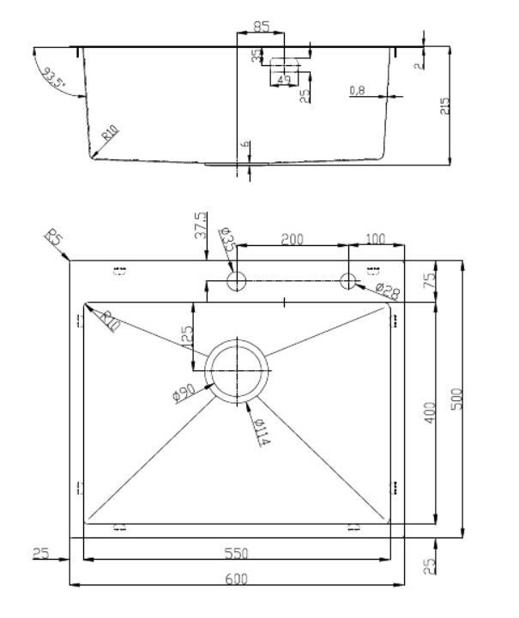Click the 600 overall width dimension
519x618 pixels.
(x=236, y=579)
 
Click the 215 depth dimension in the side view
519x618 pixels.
(x=444, y=106)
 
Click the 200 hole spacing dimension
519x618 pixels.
(x=293, y=239)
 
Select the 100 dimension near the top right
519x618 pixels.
(x=376, y=239)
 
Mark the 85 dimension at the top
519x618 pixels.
(x=261, y=27)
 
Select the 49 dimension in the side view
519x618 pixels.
(x=282, y=80)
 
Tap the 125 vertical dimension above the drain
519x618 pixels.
(x=185, y=336)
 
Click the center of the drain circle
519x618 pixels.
(x=237, y=369)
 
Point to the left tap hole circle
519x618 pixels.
(x=237, y=280)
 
